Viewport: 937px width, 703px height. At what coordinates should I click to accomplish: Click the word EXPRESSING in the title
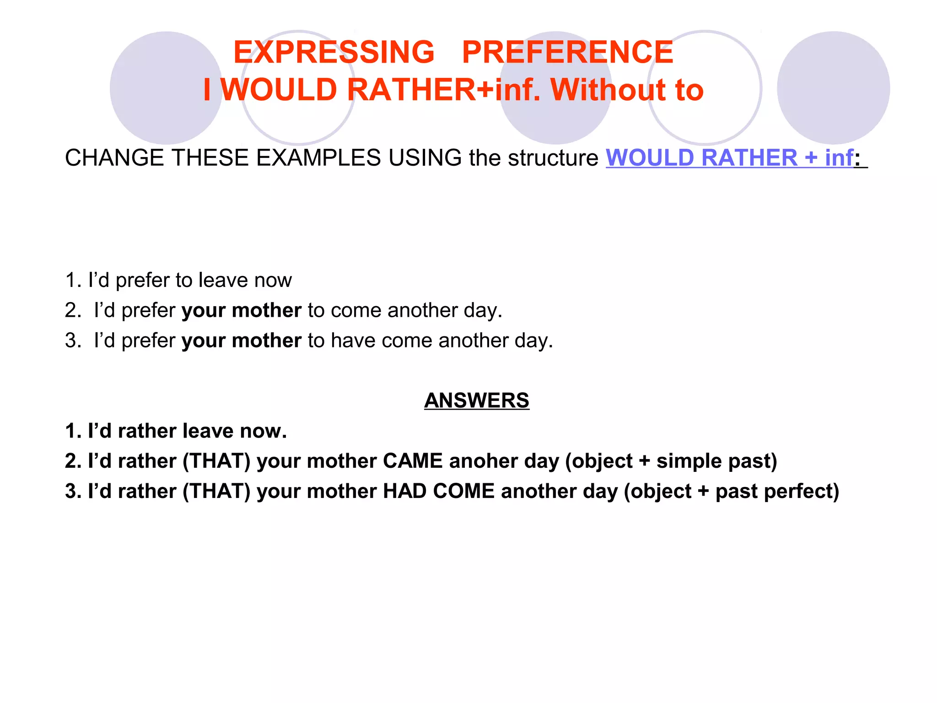click(334, 52)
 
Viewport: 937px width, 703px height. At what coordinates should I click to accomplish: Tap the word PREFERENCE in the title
click(567, 52)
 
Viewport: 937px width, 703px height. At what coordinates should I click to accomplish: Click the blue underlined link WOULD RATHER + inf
click(729, 158)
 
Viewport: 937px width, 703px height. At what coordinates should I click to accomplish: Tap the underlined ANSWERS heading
click(476, 400)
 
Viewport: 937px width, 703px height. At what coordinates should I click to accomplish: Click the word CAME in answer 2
click(413, 461)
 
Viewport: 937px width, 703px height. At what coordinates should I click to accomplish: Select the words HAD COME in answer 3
click(438, 491)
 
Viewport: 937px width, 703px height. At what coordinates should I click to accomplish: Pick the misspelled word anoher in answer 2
click(484, 461)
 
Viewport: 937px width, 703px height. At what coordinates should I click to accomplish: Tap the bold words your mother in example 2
click(241, 310)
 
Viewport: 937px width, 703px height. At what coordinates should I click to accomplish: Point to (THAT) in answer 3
click(216, 491)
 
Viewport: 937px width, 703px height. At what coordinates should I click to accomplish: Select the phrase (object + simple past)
click(671, 461)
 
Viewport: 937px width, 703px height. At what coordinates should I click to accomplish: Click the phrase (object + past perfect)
click(732, 491)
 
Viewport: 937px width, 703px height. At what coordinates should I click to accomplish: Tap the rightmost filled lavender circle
click(833, 88)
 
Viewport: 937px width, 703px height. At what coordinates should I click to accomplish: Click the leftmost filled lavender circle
click(166, 88)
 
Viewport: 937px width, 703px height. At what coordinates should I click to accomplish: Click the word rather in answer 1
click(147, 431)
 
